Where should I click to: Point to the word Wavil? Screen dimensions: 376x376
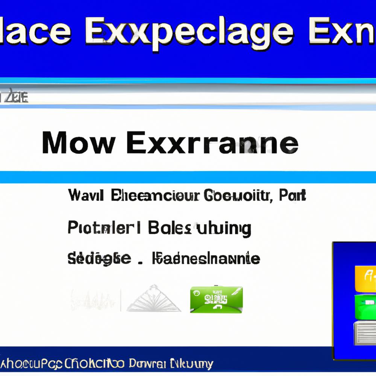[86, 195]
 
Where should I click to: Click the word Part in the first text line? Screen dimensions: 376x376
[293, 195]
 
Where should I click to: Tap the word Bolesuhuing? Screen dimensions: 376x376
[200, 228]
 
